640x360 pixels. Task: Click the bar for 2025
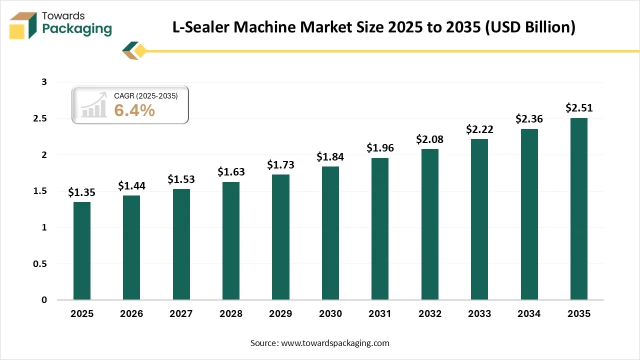82,251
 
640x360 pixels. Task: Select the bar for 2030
330,233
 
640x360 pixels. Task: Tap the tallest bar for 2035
579,209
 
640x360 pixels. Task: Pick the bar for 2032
429,224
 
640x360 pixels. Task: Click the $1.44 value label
131,186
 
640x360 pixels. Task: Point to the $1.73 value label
280,164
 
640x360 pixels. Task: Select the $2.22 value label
479,129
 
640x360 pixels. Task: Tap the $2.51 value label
579,108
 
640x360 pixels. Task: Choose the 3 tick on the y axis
44,82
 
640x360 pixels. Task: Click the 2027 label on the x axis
181,314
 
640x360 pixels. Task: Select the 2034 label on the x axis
529,314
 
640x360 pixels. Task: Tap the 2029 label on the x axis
280,314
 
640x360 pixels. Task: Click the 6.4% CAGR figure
134,110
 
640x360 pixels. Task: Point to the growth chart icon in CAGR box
94,105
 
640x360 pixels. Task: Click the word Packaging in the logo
77,29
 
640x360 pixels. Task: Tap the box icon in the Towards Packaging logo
23,25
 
